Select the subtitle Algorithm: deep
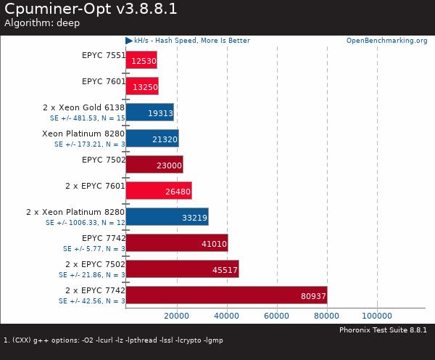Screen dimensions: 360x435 pos(42,23)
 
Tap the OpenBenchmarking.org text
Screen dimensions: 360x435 pos(386,41)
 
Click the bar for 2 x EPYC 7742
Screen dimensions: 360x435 pos(226,295)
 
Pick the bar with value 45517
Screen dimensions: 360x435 pos(182,269)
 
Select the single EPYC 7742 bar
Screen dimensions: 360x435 pos(177,243)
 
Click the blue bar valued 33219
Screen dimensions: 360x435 pos(167,217)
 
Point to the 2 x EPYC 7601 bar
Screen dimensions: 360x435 pos(159,191)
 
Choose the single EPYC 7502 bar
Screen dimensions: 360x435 pos(154,165)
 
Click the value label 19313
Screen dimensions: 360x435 pos(159,113)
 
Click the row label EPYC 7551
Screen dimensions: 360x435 pos(103,55)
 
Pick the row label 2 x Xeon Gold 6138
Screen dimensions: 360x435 pos(84,107)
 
